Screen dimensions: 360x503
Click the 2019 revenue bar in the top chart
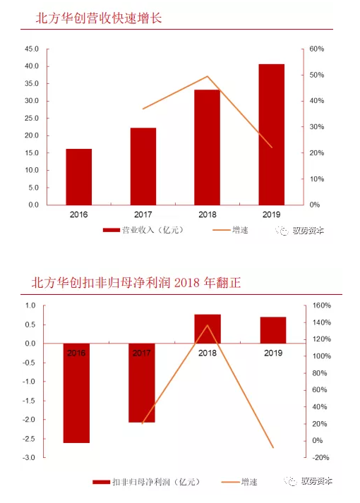pos(272,135)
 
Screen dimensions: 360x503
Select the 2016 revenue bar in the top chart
pos(79,177)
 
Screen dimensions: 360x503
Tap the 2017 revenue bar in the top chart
pos(143,166)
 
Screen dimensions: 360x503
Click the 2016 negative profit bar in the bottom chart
pos(76,393)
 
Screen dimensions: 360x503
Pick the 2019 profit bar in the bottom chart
pos(273,330)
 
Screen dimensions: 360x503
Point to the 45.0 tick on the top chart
pos(32,49)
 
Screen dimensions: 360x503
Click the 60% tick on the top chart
pos(317,49)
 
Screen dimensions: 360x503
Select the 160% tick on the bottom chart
pos(322,305)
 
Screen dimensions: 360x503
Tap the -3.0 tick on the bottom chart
pos(29,457)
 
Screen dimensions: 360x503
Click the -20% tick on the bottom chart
pos(321,457)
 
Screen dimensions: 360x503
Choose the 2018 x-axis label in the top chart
pos(208,214)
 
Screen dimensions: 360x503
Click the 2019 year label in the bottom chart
pos(273,353)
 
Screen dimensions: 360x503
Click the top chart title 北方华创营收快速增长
pos(99,18)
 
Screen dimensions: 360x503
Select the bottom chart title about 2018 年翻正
pos(136,283)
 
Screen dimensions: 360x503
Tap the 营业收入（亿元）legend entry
pos(143,230)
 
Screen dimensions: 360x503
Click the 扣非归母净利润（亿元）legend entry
pos(146,482)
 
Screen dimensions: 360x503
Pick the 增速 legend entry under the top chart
pos(230,230)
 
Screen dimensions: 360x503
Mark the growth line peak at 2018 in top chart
pos(208,76)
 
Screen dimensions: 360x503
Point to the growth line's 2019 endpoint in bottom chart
pos(273,447)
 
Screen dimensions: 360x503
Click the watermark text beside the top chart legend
pos(300,231)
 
